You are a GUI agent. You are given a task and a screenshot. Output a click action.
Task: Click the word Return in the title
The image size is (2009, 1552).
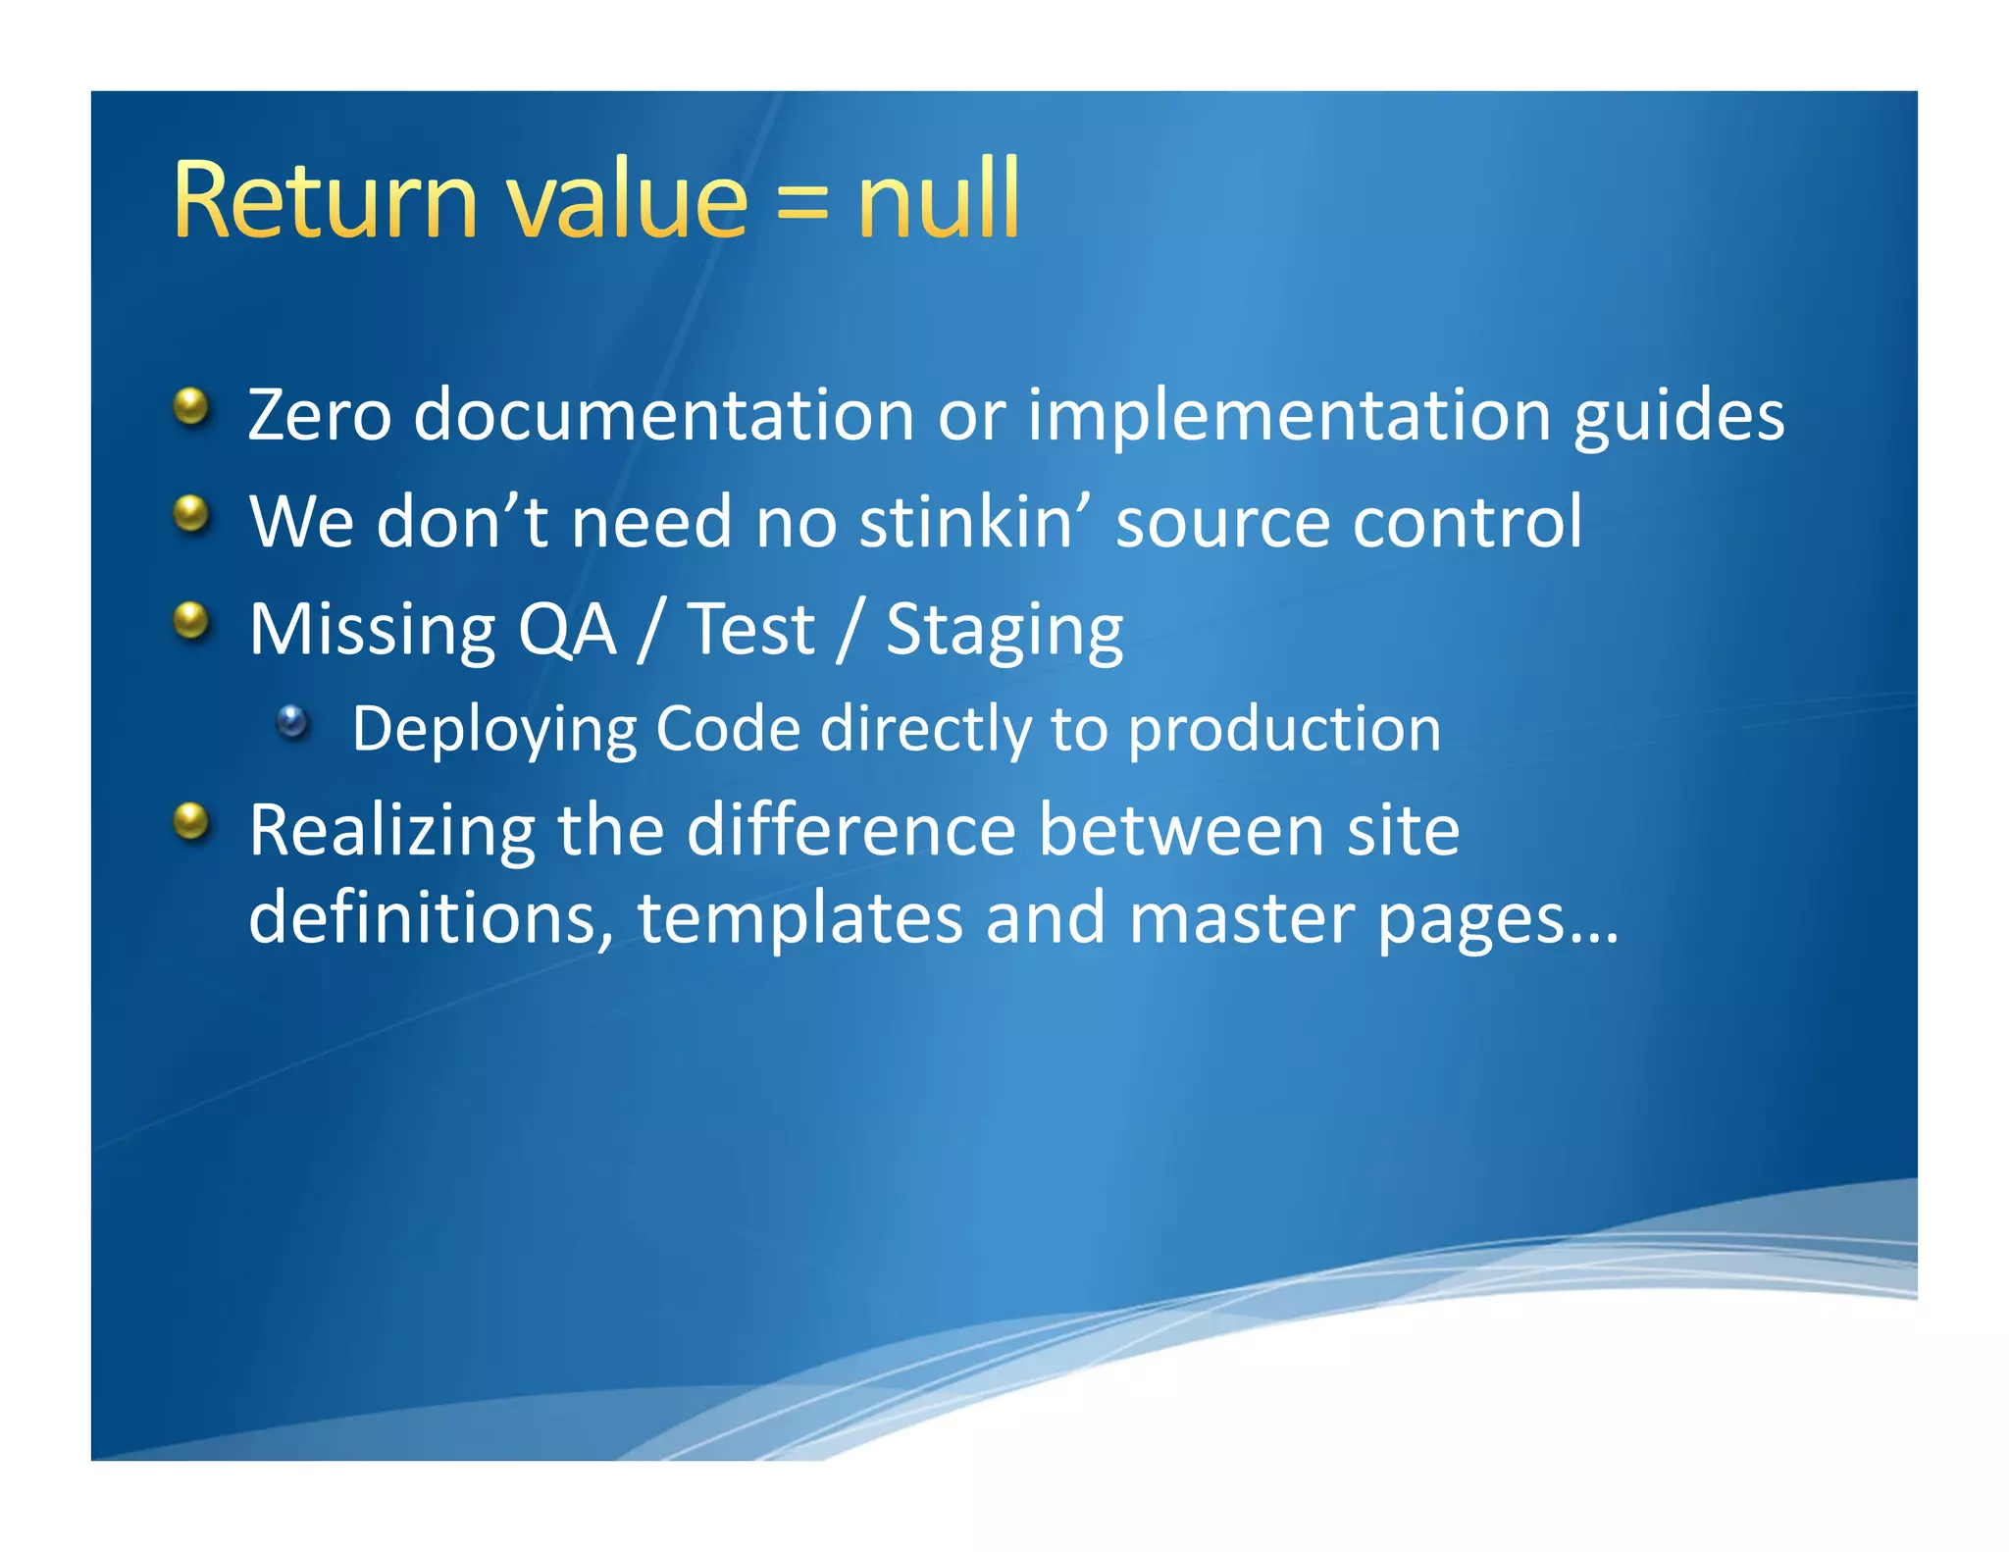(325, 200)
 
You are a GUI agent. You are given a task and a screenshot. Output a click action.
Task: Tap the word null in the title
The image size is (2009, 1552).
(939, 200)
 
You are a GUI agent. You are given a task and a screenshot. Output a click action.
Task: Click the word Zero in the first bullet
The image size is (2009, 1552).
(320, 416)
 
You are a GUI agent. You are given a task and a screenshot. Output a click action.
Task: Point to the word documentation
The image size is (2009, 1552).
(663, 416)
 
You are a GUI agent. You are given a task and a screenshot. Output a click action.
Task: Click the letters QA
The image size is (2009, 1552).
(566, 631)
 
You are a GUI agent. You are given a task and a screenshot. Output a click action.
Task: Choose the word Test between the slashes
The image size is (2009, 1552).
(750, 630)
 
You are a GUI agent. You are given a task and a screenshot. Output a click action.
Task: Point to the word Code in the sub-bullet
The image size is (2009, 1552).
(727, 729)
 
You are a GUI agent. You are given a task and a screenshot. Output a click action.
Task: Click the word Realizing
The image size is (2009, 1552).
(391, 832)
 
